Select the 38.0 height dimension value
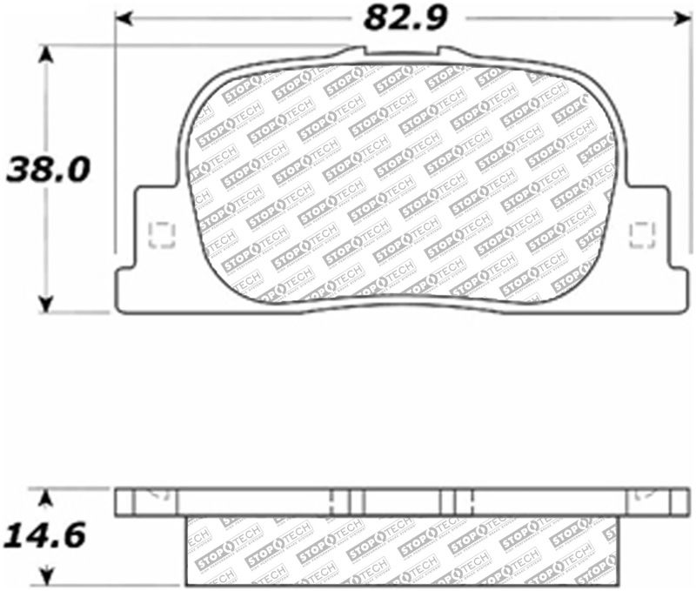pyautogui.click(x=47, y=168)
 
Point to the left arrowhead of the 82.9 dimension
pyautogui.click(x=124, y=17)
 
